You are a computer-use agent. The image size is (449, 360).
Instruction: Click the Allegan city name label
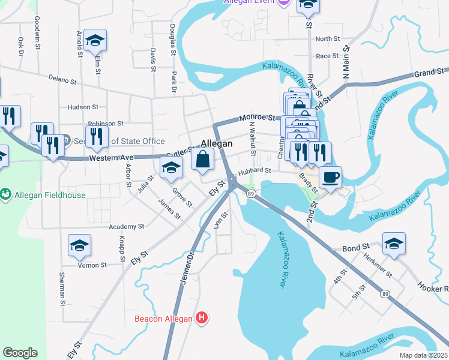(216, 144)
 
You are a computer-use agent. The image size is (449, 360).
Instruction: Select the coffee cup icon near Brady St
(330, 177)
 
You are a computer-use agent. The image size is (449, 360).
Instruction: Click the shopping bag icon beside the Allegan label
(203, 159)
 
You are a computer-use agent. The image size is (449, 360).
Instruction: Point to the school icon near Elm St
(95, 40)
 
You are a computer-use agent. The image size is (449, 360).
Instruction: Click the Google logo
(20, 353)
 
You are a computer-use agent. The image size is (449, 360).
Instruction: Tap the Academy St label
(127, 227)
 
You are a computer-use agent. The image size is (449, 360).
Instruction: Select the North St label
(327, 39)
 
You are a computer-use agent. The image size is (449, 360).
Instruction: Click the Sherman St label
(62, 289)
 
